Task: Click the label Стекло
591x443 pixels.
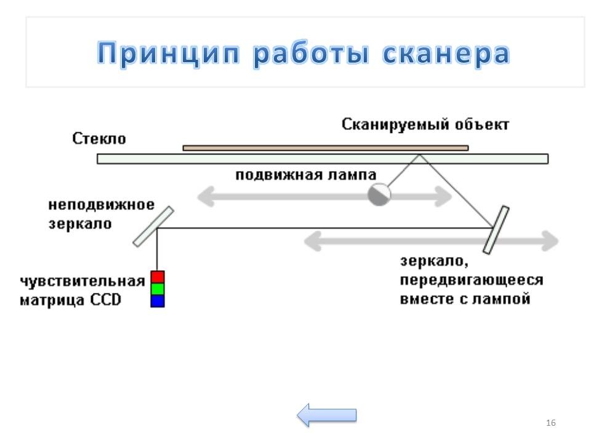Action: click(99, 138)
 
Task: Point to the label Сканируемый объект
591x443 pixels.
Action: click(426, 124)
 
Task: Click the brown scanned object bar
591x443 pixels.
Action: click(325, 148)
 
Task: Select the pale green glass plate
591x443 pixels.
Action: click(322, 159)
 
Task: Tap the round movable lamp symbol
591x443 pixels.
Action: click(379, 194)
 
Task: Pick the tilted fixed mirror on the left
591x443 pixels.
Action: click(152, 226)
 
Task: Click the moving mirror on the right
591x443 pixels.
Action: click(496, 229)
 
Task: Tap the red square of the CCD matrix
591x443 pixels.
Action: click(158, 276)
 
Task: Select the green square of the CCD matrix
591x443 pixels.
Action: click(158, 288)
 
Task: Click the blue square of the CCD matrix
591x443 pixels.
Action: click(158, 300)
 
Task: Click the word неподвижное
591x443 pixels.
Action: click(102, 204)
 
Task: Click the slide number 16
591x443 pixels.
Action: click(550, 423)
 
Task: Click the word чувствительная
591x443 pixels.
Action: click(82, 282)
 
